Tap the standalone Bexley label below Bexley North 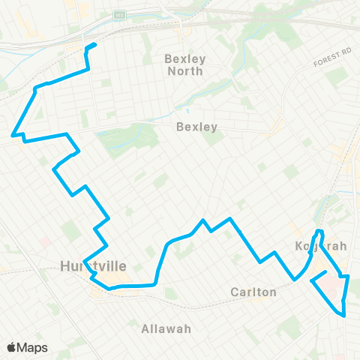196,127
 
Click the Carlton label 253,292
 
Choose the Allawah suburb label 166,328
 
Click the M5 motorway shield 118,14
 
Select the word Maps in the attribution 32,347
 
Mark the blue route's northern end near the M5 96,46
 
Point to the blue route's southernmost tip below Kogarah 344,316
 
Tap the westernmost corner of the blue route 12,136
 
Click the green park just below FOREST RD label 337,76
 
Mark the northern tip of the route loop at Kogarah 320,230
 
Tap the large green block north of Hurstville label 72,230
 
